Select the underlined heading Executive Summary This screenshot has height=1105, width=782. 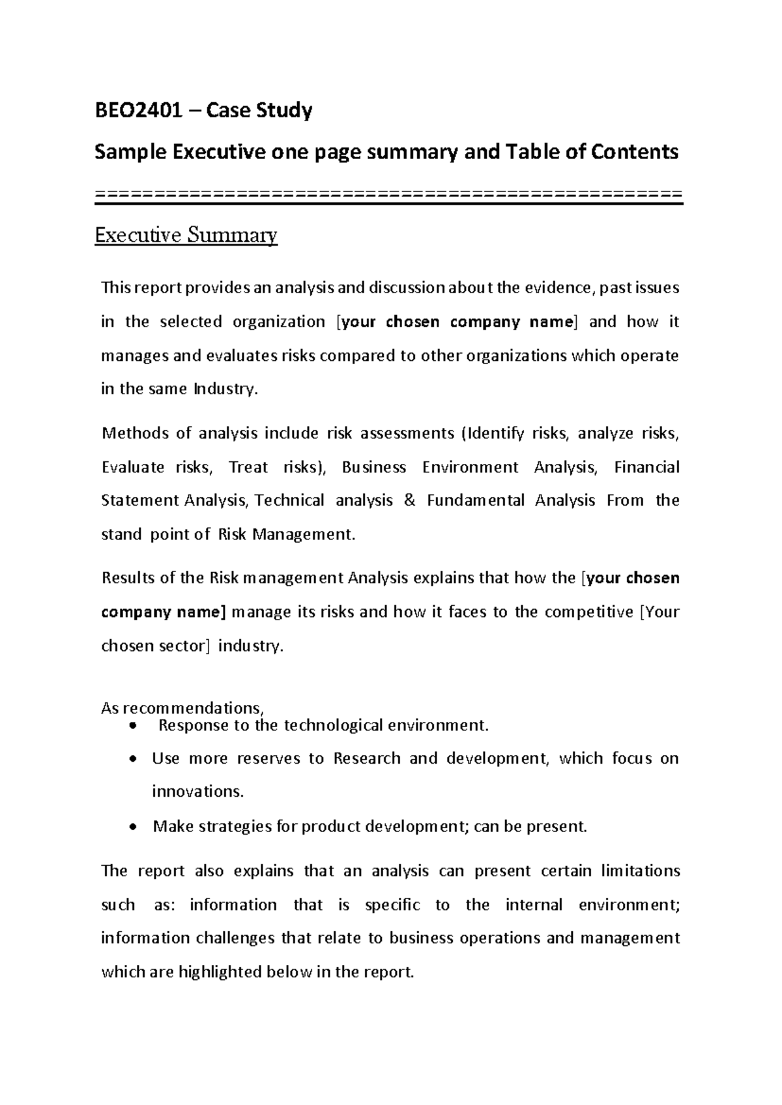pos(186,235)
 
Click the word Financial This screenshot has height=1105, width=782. pos(646,467)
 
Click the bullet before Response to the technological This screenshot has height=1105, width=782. pos(134,726)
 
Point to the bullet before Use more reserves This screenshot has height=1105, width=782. pos(134,759)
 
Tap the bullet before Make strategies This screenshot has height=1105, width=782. pos(134,827)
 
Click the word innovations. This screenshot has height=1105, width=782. pos(197,792)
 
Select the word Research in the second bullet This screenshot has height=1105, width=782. pos(366,759)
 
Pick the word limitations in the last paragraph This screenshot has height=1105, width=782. pos(641,871)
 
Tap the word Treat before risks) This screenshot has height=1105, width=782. pos(249,467)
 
